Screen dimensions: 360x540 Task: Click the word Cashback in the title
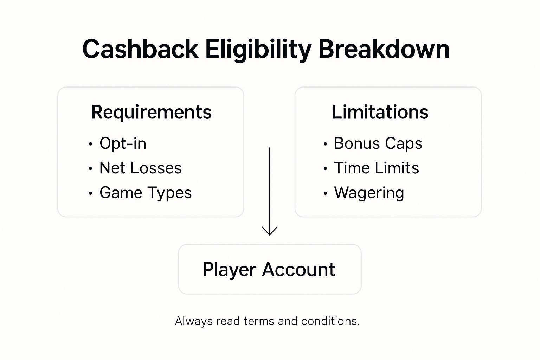[140, 49]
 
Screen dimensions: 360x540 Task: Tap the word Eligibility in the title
[258, 49]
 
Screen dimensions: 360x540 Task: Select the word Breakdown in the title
[384, 49]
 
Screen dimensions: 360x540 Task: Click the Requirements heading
[151, 112]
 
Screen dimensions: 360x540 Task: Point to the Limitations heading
[380, 112]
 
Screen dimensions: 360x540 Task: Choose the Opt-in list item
[123, 143]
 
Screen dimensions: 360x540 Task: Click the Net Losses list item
[141, 168]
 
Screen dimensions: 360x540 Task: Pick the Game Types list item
[146, 193]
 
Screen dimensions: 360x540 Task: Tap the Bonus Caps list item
[378, 143]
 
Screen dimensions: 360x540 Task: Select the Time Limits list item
[377, 168]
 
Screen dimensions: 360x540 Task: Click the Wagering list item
[369, 193]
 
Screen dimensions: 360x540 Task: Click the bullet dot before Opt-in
[91, 144]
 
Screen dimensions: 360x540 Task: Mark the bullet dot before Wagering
[325, 193]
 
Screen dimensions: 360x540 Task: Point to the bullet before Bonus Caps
[325, 144]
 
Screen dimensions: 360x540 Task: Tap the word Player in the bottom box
[229, 270]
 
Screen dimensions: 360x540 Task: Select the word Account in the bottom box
[298, 270]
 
